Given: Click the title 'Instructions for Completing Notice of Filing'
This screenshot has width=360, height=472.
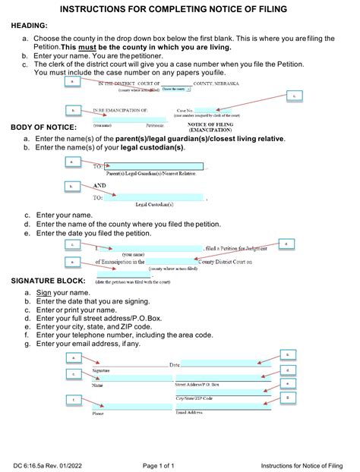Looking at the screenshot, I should point(179,9).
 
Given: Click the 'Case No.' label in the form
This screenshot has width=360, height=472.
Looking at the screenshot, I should point(186,111).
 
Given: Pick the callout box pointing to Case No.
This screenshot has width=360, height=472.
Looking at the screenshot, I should point(294,96).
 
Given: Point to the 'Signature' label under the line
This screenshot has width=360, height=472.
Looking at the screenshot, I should point(102,370).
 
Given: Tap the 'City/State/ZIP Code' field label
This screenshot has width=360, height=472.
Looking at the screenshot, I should point(194,398).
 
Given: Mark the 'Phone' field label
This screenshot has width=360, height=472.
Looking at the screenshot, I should point(98,414).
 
